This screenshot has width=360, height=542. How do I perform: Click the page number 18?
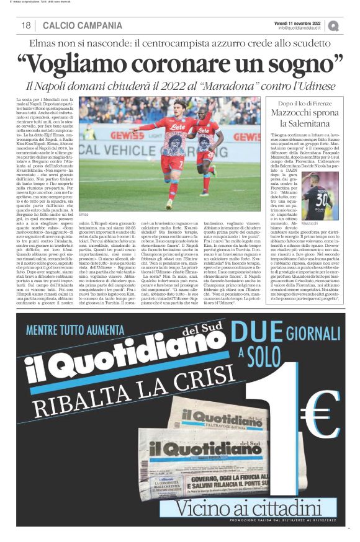[26, 25]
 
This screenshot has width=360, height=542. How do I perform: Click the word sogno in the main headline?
[299, 63]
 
